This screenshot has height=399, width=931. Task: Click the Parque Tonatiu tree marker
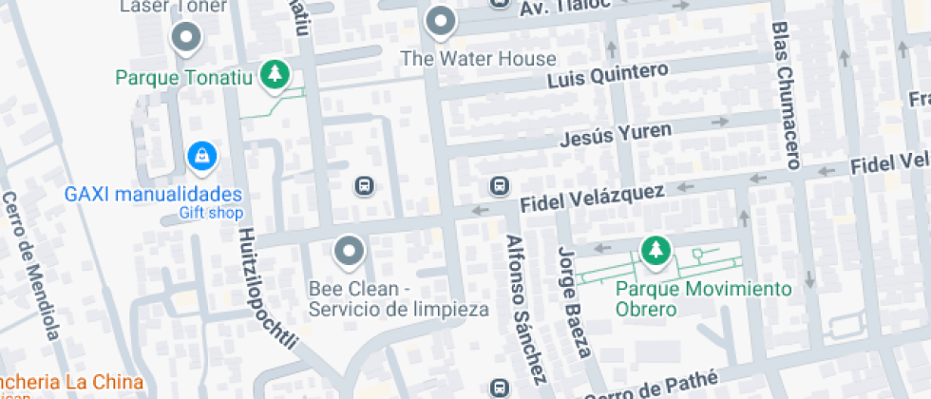click(275, 74)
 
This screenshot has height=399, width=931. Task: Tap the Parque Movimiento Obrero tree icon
click(655, 251)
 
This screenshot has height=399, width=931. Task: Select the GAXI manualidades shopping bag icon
click(200, 156)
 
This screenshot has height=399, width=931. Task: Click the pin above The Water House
click(440, 21)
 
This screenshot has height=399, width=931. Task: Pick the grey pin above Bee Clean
click(351, 251)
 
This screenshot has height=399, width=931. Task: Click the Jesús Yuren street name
click(616, 133)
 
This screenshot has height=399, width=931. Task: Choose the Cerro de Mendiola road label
click(31, 266)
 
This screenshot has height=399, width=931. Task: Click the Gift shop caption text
click(211, 213)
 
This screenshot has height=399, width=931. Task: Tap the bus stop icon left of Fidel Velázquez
click(498, 184)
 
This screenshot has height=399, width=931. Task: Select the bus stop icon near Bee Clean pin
click(363, 184)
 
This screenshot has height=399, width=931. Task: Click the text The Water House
click(478, 59)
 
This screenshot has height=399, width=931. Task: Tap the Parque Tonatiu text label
click(184, 77)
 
